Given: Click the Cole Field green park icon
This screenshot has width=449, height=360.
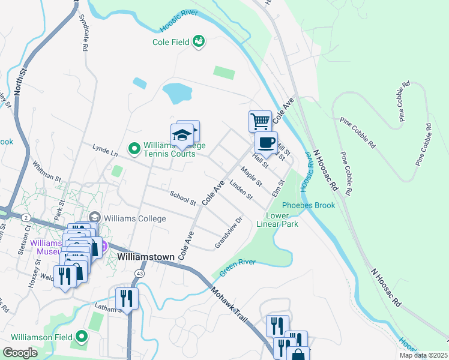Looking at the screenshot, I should coord(199,41).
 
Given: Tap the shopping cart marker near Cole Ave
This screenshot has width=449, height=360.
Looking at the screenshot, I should coord(260,121).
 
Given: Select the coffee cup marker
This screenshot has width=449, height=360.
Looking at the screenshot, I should coord(266,143).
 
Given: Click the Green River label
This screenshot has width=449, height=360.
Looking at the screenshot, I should coord(237,267).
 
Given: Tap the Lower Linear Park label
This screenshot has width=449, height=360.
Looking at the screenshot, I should coord(277,220).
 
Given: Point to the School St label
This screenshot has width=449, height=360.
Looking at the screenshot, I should coord(183,198).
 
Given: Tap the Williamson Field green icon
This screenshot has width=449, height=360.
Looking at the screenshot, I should coord(82,337).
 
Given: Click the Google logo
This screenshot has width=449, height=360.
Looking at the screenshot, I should coord(20,353).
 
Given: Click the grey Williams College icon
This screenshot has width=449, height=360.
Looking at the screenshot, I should coord(94,217).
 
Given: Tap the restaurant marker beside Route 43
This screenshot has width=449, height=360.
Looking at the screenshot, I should coord(127,297).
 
